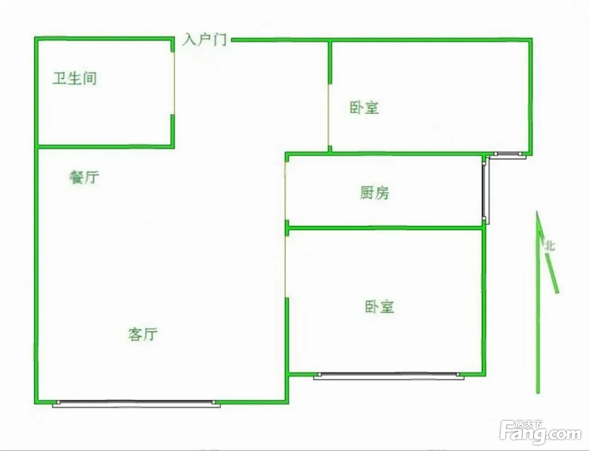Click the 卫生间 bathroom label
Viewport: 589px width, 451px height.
[x=74, y=78]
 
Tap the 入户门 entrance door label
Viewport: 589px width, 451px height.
[x=205, y=40]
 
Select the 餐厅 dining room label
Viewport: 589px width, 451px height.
[x=84, y=177]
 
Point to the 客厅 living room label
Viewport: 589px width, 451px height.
[x=143, y=334]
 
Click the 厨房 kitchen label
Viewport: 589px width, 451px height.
[x=374, y=193]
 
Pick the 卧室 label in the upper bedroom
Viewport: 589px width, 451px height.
[x=364, y=107]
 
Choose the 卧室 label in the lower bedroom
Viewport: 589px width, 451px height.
[x=379, y=307]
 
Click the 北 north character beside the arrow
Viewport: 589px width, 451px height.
[x=550, y=246]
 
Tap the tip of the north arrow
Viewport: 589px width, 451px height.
[x=537, y=211]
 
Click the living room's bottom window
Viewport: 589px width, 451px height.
[x=136, y=404]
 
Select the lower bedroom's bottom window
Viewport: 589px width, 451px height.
[x=389, y=376]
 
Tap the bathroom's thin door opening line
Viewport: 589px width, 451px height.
[x=174, y=83]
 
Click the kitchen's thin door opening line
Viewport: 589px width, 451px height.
[x=285, y=191]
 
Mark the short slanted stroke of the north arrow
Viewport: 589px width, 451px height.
[x=552, y=273]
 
